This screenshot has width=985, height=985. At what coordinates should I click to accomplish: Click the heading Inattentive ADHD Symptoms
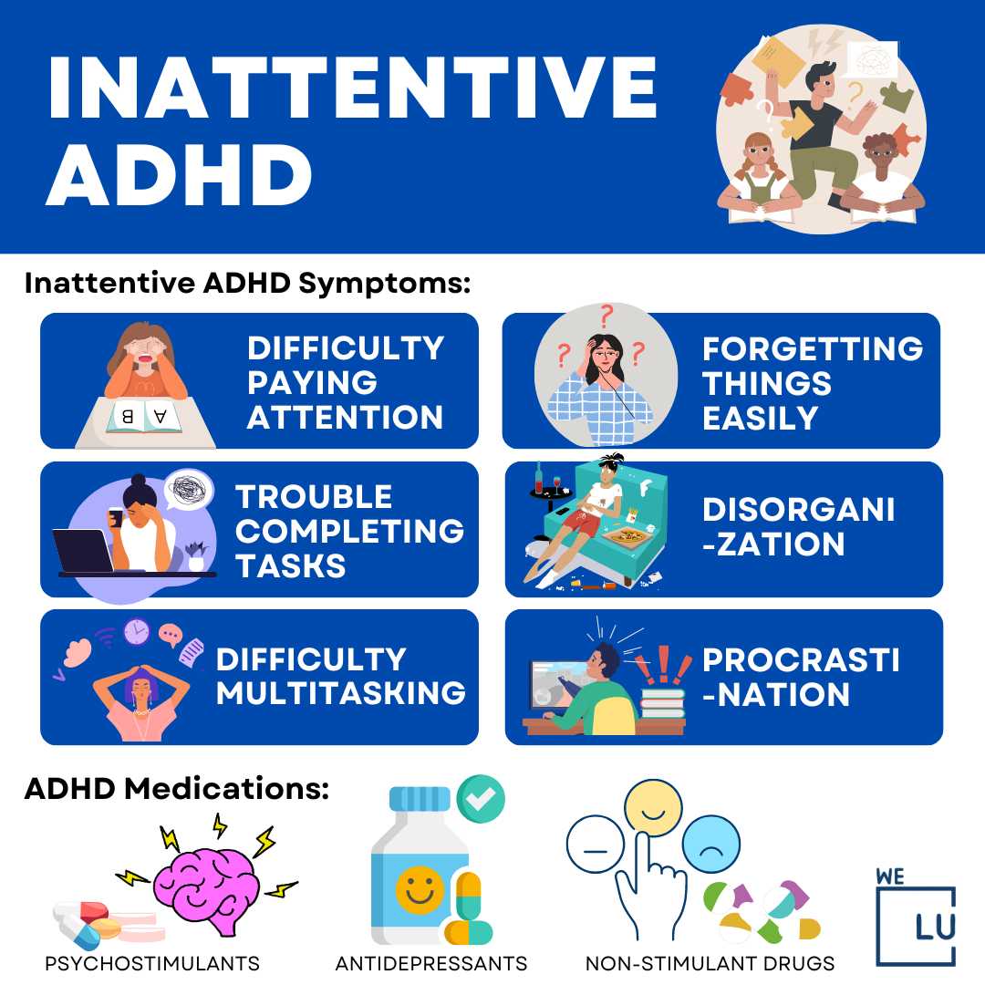pyautogui.click(x=246, y=283)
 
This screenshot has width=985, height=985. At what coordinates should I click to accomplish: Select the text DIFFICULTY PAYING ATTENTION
pyautogui.click(x=346, y=382)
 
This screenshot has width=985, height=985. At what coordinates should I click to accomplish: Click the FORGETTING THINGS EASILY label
pyautogui.click(x=812, y=382)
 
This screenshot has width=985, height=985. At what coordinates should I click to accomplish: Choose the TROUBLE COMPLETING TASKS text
pyautogui.click(x=349, y=531)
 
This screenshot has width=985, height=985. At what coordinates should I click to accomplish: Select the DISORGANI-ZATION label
pyautogui.click(x=798, y=527)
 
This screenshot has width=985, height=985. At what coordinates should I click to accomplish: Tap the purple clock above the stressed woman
pyautogui.click(x=136, y=630)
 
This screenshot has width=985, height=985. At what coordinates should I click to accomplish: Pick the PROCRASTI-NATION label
pyautogui.click(x=800, y=677)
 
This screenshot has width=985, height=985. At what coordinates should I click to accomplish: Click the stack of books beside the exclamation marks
pyautogui.click(x=661, y=703)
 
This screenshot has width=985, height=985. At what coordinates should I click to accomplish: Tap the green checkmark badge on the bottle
pyautogui.click(x=480, y=797)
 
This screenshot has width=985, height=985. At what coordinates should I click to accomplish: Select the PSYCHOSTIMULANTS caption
pyautogui.click(x=152, y=963)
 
